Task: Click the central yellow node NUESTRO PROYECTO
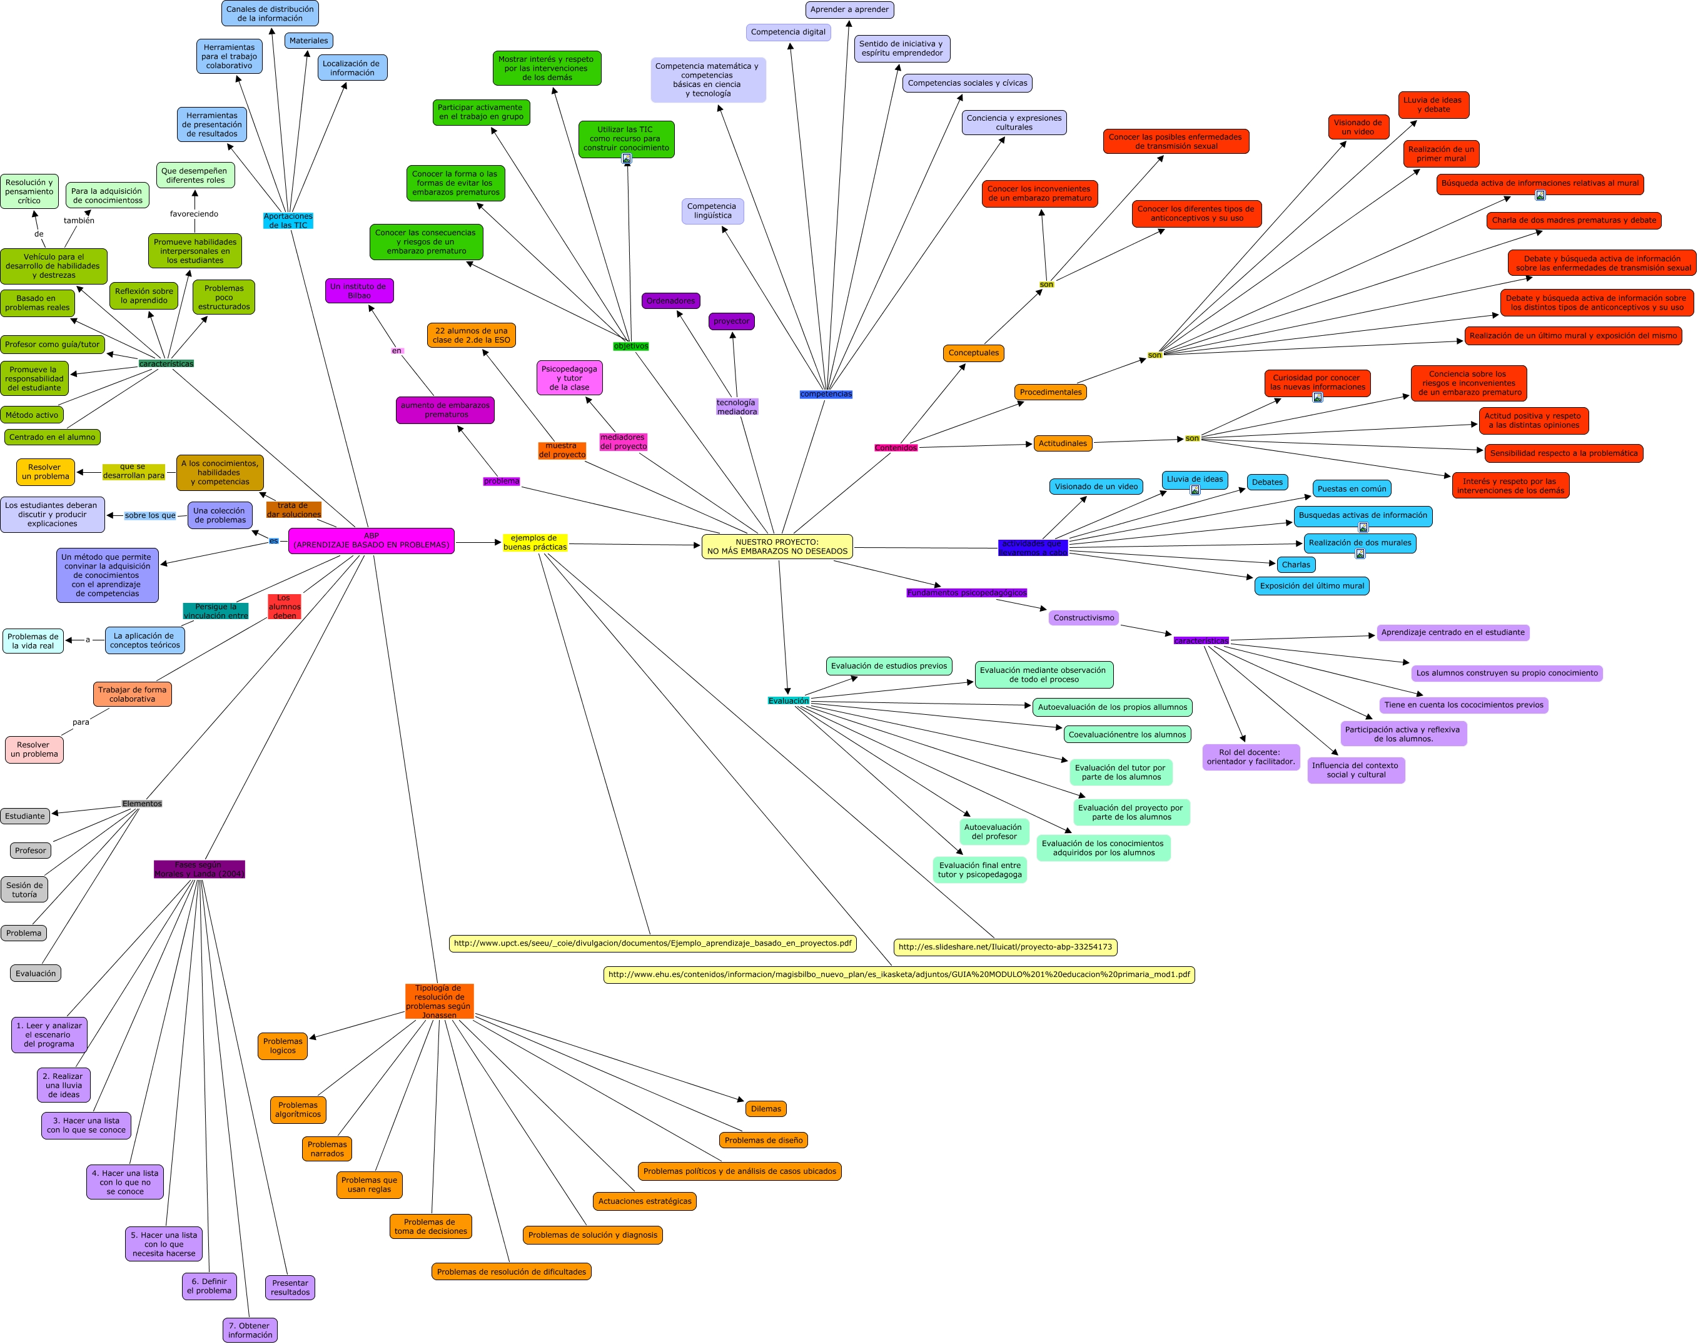(x=777, y=546)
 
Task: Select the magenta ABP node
(x=371, y=540)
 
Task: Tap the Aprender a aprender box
(x=849, y=9)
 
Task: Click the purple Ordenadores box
(x=670, y=301)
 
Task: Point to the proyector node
(x=731, y=321)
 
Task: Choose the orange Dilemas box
(x=766, y=1109)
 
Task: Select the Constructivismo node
(x=1083, y=618)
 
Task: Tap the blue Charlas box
(x=1295, y=564)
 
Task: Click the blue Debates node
(x=1267, y=482)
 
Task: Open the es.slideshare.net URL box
(x=1005, y=947)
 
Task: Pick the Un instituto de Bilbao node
(x=359, y=290)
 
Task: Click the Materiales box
(x=308, y=40)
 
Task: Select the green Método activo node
(x=31, y=415)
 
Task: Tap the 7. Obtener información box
(x=250, y=1330)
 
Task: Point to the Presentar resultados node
(x=290, y=1287)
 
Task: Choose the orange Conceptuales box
(x=973, y=353)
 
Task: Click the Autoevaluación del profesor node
(x=993, y=832)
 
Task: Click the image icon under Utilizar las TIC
(x=626, y=158)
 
